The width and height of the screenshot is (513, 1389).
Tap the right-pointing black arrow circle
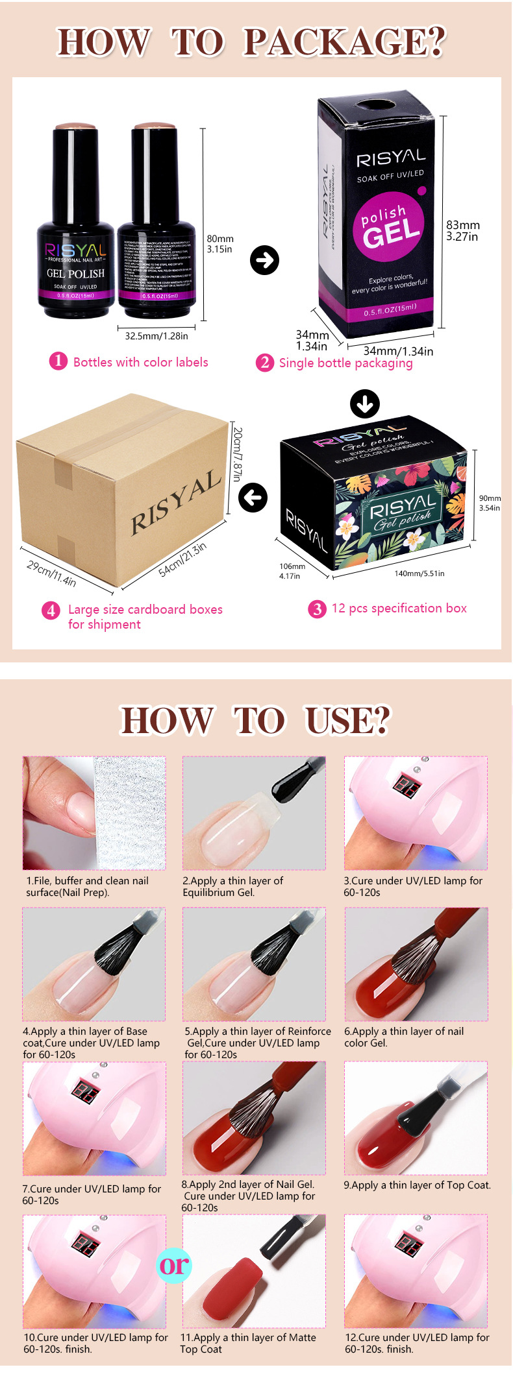coord(264,260)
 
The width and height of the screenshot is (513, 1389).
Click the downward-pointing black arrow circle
coord(365,404)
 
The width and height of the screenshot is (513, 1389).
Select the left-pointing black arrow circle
coord(253,498)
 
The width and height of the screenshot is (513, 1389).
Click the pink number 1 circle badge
coord(58,361)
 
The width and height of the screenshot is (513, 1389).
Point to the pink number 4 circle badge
coord(51,610)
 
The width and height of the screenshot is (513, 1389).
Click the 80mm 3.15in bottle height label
coord(220,244)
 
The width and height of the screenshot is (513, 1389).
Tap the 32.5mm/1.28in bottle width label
coord(156,336)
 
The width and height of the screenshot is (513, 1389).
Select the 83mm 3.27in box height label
coord(462,231)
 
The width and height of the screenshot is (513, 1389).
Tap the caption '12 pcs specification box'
coord(399,609)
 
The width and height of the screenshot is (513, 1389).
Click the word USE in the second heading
coord(347,720)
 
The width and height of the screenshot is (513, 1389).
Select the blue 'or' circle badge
coord(174,1265)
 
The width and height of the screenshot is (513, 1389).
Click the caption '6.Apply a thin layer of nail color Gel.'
coord(404,1037)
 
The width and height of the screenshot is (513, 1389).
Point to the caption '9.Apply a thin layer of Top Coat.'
coord(417,1185)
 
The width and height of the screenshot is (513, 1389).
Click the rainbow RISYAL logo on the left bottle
coord(75,250)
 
